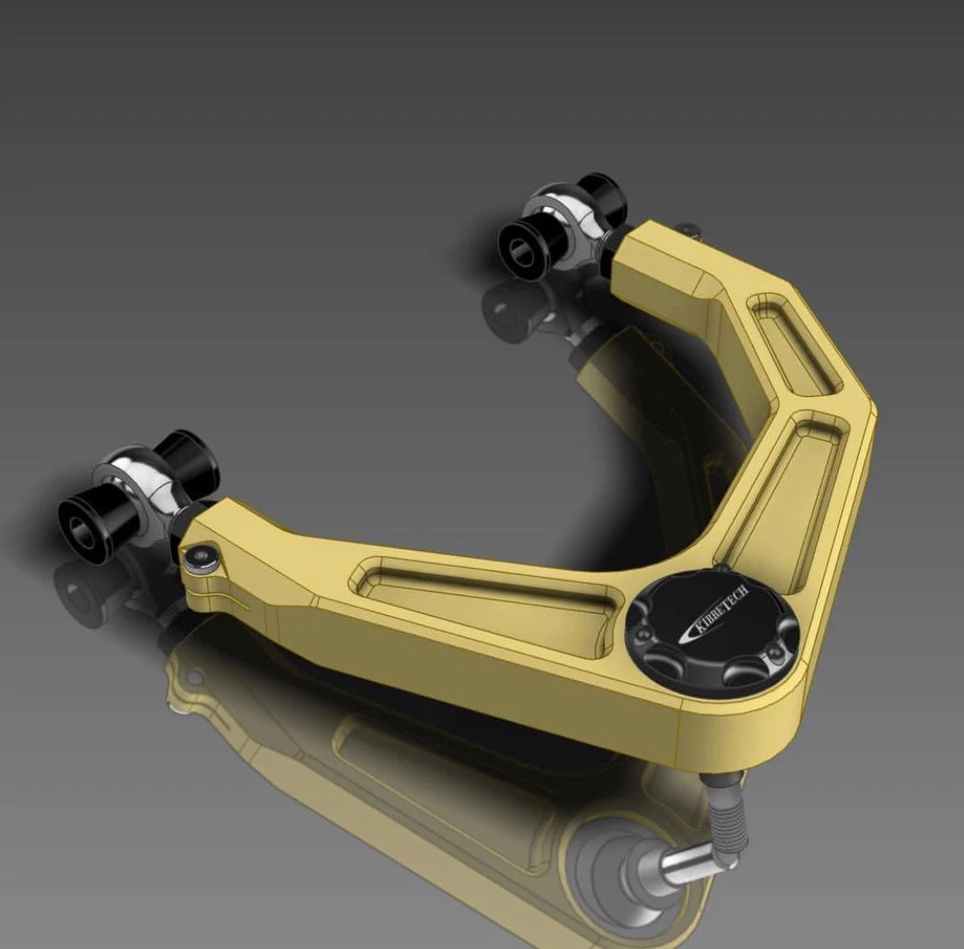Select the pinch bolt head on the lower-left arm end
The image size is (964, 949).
tap(200, 557)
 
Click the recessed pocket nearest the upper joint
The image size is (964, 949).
tap(787, 344)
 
